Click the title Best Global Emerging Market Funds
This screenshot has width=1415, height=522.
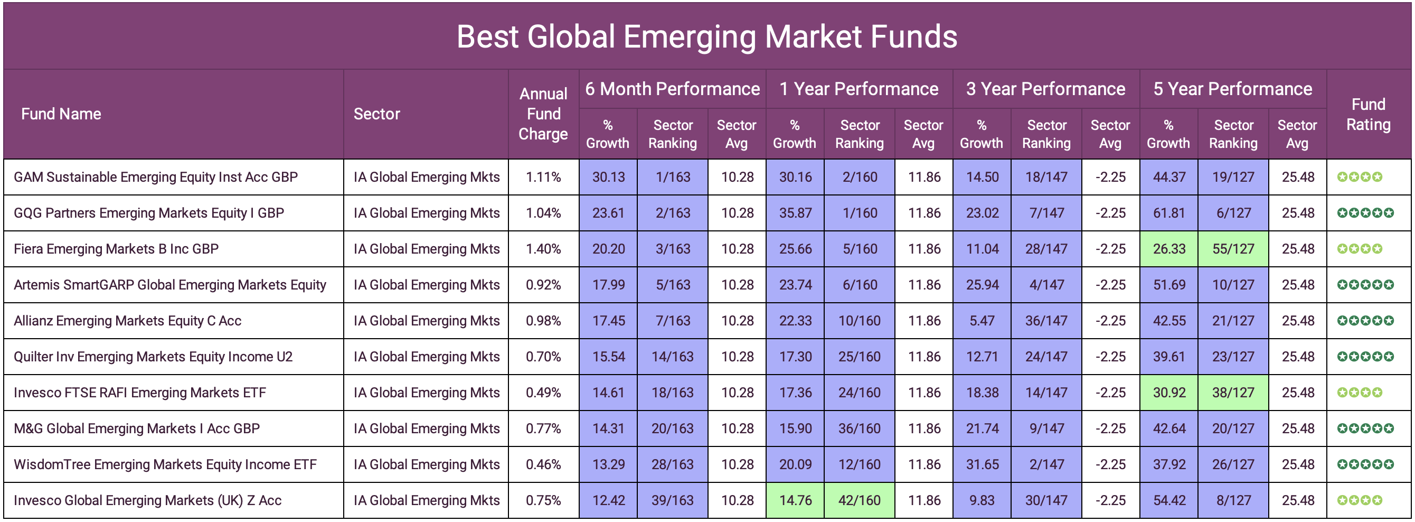[707, 37]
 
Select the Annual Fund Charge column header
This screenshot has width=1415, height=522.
[543, 114]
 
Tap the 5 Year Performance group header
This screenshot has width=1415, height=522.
[1233, 89]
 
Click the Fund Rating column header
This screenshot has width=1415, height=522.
[1368, 114]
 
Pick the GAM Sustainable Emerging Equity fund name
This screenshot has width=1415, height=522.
[155, 177]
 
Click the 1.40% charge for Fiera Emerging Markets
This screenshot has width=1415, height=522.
[543, 249]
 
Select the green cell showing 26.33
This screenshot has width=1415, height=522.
[1169, 249]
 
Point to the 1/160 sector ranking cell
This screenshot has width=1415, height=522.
[860, 212]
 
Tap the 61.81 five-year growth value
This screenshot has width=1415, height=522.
[1169, 212]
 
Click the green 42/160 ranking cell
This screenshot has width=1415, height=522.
[860, 500]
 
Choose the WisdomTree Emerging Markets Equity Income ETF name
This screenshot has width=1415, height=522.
[165, 464]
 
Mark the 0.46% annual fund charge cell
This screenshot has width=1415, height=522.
[543, 464]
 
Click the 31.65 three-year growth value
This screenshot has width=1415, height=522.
[982, 464]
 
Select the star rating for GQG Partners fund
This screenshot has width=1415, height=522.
[1365, 212]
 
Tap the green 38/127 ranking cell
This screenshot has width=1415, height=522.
[1233, 393]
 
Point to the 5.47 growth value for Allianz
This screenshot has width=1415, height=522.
[982, 320]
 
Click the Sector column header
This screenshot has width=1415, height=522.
[377, 114]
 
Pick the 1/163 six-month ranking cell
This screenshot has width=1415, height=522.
[673, 177]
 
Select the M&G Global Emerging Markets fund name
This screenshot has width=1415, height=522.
[136, 428]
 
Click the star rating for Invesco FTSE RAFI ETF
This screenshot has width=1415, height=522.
[1360, 393]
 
